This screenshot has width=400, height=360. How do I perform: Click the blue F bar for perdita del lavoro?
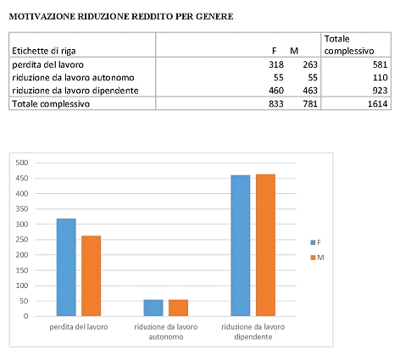coord(66,267)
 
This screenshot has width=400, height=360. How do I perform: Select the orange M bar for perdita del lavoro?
coord(91,276)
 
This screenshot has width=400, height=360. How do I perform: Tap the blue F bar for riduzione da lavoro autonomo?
coord(153,307)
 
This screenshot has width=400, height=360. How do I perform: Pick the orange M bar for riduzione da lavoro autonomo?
coord(178,307)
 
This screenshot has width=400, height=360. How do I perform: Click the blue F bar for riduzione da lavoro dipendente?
coord(241,246)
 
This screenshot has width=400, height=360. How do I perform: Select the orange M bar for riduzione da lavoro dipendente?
coord(265,245)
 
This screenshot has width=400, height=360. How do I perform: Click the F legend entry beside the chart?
coord(316,242)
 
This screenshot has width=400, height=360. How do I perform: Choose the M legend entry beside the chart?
coord(317,258)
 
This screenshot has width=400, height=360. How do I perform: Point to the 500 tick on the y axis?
coord(22,163)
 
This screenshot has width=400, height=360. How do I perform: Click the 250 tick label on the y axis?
coord(22,240)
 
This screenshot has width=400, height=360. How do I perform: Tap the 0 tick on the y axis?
coord(25,316)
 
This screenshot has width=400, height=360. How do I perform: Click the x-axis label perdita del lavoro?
coord(79,327)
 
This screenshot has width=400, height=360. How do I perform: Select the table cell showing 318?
coord(276,64)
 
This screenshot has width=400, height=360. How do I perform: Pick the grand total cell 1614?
coord(377,104)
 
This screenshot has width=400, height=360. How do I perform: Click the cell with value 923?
coord(380,91)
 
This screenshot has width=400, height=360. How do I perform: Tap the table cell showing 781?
coord(310,104)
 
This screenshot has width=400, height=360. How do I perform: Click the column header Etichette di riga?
coord(44,51)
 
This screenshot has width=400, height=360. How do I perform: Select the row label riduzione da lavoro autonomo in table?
coord(73,78)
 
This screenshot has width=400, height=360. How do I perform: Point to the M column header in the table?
coord(294,51)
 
